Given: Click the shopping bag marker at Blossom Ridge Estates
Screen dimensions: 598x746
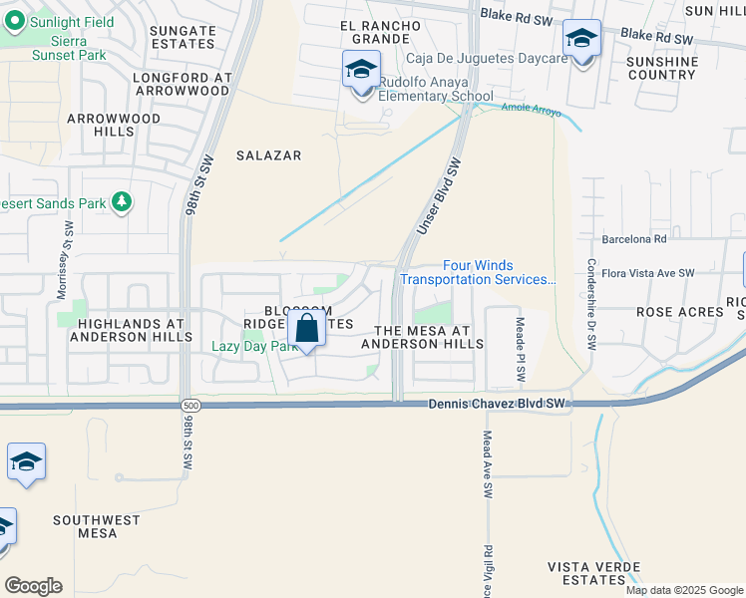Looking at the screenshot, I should coord(307,328).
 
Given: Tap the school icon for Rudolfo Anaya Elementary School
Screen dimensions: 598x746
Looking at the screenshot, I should coord(361,70).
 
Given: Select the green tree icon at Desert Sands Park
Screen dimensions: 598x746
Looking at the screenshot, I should coord(123,203).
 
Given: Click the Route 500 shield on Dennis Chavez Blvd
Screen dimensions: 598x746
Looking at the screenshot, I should coord(190,406).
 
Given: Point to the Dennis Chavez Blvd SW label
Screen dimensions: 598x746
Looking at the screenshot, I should coord(497,404).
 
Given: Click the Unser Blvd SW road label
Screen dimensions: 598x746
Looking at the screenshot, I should coord(440,197).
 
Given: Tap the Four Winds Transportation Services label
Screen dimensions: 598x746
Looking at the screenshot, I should coord(478,272).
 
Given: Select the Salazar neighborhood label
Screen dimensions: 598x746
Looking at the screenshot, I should coord(268,155).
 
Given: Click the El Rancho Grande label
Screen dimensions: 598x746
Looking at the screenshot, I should coord(375,32).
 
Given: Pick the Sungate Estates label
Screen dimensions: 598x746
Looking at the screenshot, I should coord(183,38).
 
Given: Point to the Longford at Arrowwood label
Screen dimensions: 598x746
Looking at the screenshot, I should coord(182,84).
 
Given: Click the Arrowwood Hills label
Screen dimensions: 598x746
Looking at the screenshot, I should coord(114,125).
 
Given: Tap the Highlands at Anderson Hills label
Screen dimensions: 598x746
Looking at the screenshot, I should coord(132,331).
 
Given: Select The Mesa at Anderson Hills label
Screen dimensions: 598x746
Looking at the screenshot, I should coord(421,337).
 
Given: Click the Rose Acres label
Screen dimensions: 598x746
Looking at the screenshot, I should coord(679,312).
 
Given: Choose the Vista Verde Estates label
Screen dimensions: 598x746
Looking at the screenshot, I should coord(587,573).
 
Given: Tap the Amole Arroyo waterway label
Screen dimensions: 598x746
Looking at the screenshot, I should coord(531,110).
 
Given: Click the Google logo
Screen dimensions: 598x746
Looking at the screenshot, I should coord(33,586).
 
